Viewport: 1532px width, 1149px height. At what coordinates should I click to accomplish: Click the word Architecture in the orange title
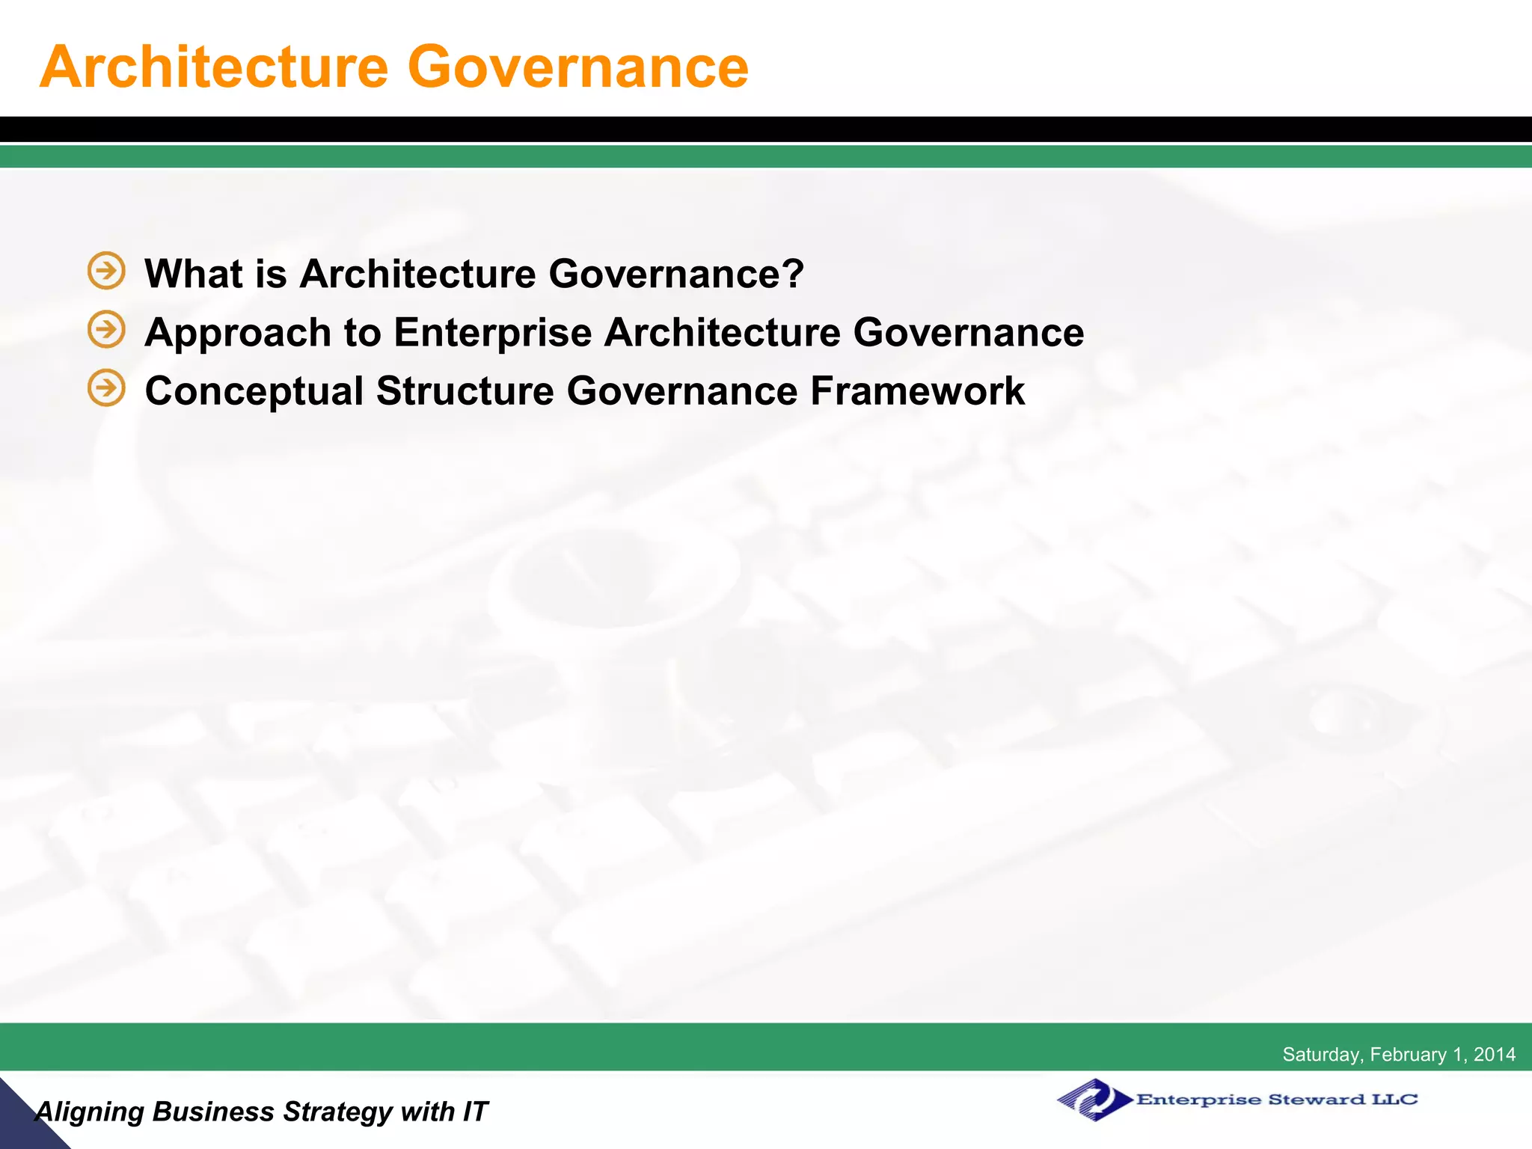214,67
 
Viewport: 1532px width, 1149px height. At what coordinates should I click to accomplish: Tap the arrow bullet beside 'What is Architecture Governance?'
106,270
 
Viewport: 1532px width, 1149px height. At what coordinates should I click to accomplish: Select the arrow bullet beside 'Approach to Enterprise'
106,329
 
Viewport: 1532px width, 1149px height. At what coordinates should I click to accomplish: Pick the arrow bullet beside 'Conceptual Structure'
106,387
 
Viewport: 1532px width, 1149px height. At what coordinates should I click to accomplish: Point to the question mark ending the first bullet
793,273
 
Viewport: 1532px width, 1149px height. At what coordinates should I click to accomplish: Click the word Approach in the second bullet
238,332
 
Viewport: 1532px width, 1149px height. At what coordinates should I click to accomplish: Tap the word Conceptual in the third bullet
254,391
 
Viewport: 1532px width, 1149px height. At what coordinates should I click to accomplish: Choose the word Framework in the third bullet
917,391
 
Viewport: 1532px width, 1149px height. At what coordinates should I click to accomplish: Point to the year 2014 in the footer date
1495,1054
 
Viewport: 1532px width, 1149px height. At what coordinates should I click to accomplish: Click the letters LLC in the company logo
1394,1100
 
